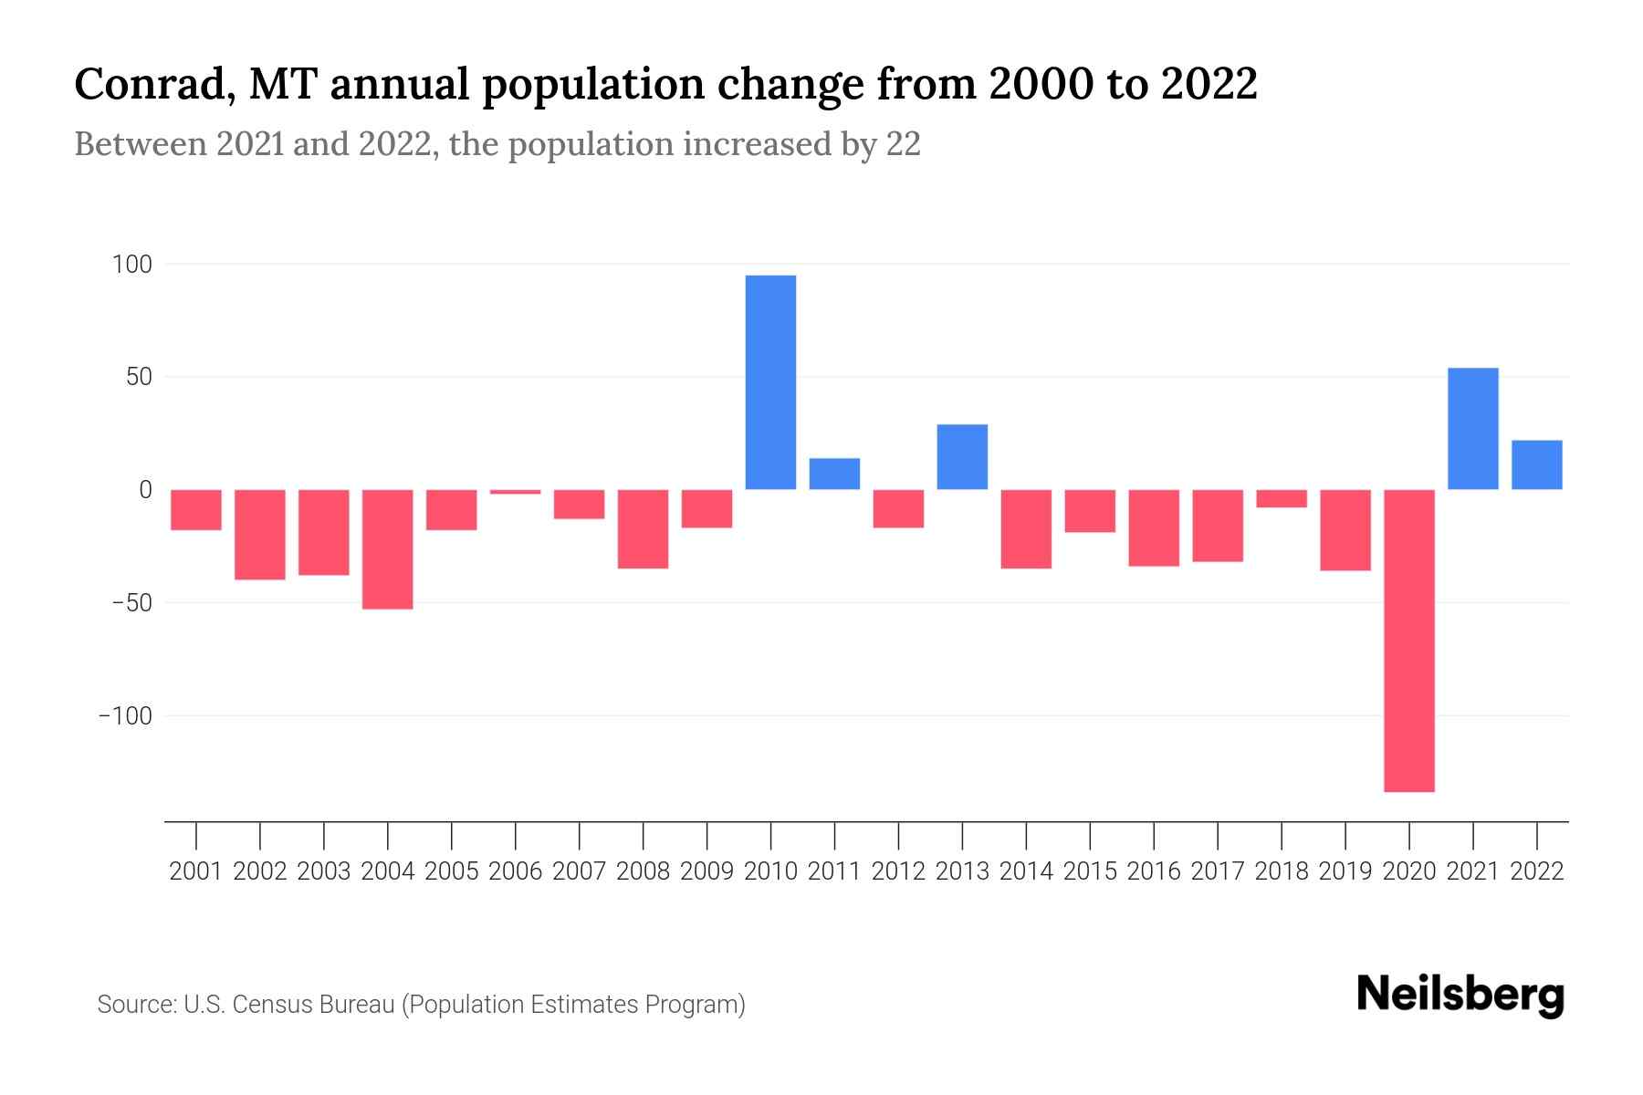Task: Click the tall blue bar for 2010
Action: click(770, 381)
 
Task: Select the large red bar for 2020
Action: click(1409, 640)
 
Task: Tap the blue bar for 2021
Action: click(1473, 428)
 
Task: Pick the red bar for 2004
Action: click(388, 548)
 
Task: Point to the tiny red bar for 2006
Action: click(516, 492)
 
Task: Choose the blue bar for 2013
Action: click(962, 456)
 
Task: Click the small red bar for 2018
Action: click(1282, 498)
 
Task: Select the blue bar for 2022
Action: click(1537, 464)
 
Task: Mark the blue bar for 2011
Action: click(834, 474)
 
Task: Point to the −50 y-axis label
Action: click(126, 603)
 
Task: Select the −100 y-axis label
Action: click(125, 716)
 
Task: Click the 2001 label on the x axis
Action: click(196, 871)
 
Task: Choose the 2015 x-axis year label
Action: click(1090, 871)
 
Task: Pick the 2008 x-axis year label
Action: click(644, 871)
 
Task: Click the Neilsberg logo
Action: click(1460, 996)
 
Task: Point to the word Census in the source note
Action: click(274, 1005)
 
